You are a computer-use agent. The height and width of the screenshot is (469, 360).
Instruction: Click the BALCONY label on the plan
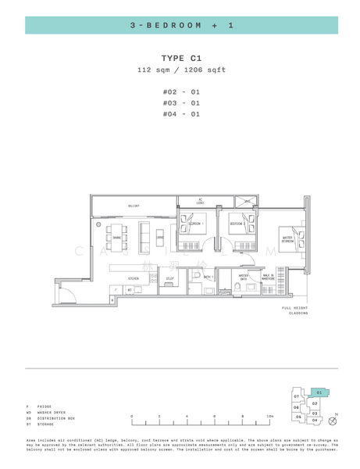point(134,206)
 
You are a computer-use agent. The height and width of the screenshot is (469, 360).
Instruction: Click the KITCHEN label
point(134,278)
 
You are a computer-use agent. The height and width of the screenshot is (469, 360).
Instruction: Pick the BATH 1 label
point(209,277)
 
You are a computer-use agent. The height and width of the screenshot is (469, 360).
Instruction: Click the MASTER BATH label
point(244,277)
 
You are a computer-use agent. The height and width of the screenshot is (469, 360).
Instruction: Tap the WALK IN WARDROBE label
point(268,277)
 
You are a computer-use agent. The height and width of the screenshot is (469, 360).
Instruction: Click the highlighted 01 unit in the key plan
point(319,392)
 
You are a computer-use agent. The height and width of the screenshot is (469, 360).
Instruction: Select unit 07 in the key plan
point(297,397)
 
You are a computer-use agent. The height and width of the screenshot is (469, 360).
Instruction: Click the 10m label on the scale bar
point(270,417)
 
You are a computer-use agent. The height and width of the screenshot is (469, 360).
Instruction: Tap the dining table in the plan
point(116,237)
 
